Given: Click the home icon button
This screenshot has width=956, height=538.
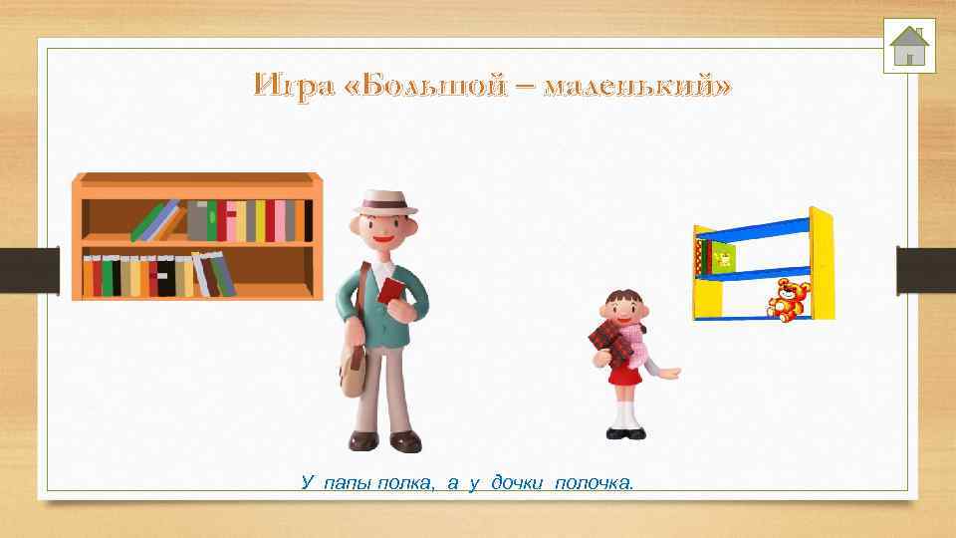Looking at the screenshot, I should pos(908,45).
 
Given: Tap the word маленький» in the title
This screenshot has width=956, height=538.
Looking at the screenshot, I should pos(637,86).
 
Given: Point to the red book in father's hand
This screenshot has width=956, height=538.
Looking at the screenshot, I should pos(390,290).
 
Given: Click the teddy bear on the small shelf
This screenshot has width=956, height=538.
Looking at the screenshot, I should pos(789,299).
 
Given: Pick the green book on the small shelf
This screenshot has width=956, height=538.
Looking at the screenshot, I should pos(720,259).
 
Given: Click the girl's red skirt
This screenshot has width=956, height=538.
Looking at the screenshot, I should pos(625,375).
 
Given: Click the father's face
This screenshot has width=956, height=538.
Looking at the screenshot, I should pos(388,234).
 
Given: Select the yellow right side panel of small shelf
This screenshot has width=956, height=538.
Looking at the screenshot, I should pos(822,264).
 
